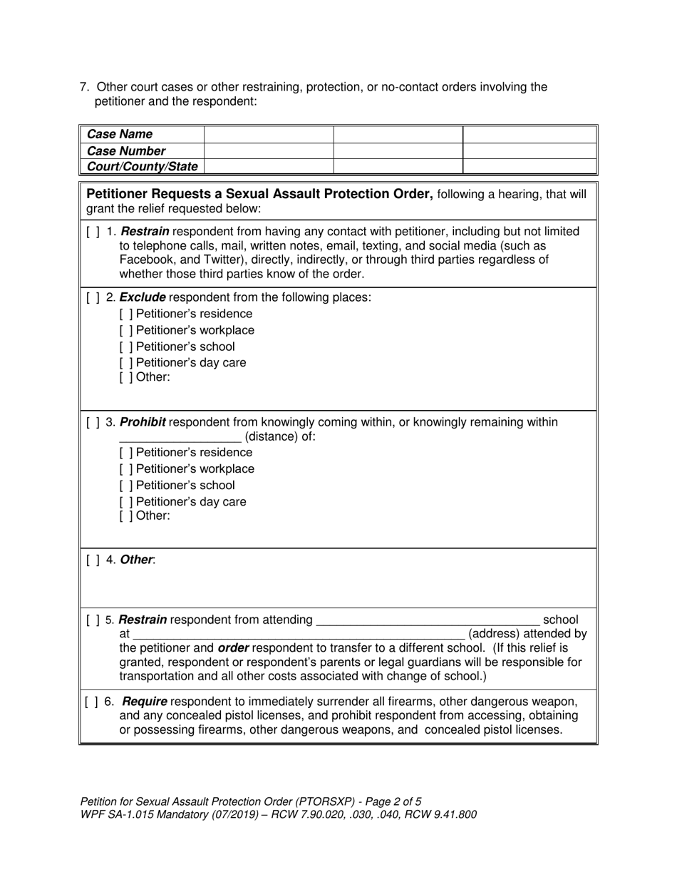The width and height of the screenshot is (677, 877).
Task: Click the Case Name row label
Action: pyautogui.click(x=119, y=135)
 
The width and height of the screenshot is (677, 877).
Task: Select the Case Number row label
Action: pyautogui.click(x=125, y=151)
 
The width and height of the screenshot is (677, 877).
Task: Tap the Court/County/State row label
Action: pyautogui.click(x=141, y=167)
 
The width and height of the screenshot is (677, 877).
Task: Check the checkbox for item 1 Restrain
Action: pyautogui.click(x=93, y=232)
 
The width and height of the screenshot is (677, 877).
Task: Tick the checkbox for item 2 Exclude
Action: pyautogui.click(x=93, y=297)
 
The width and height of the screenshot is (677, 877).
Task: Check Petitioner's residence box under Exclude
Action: pyautogui.click(x=126, y=314)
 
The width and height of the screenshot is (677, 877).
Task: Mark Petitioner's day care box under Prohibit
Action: pyautogui.click(x=126, y=502)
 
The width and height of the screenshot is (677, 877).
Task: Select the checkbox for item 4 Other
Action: pyautogui.click(x=93, y=560)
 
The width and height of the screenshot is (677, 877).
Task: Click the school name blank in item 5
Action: pyautogui.click(x=427, y=621)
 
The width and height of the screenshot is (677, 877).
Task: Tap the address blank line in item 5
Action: pyautogui.click(x=299, y=635)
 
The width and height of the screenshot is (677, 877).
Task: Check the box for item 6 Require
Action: pyautogui.click(x=93, y=702)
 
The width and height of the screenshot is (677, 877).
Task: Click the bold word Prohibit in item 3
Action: pyautogui.click(x=143, y=423)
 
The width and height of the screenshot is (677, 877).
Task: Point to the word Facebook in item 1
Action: pyautogui.click(x=145, y=260)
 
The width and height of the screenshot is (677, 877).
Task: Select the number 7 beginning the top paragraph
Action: pyautogui.click(x=83, y=88)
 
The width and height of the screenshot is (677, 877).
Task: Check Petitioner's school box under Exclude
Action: pyautogui.click(x=126, y=347)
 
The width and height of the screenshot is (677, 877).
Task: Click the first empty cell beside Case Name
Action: pyautogui.click(x=269, y=135)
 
